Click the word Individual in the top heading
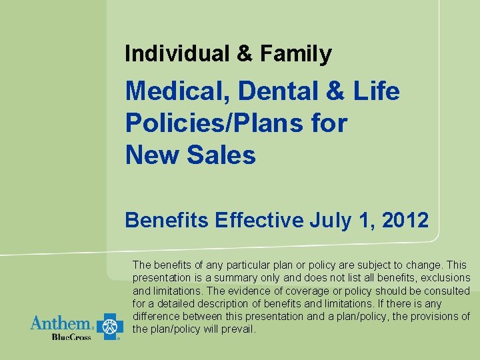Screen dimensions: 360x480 click(x=175, y=53)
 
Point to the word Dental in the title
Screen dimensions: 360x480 click(x=274, y=91)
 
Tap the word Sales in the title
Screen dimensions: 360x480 click(x=222, y=155)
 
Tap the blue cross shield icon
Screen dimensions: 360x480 click(x=109, y=326)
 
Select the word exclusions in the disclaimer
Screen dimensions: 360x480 click(x=447, y=277)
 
